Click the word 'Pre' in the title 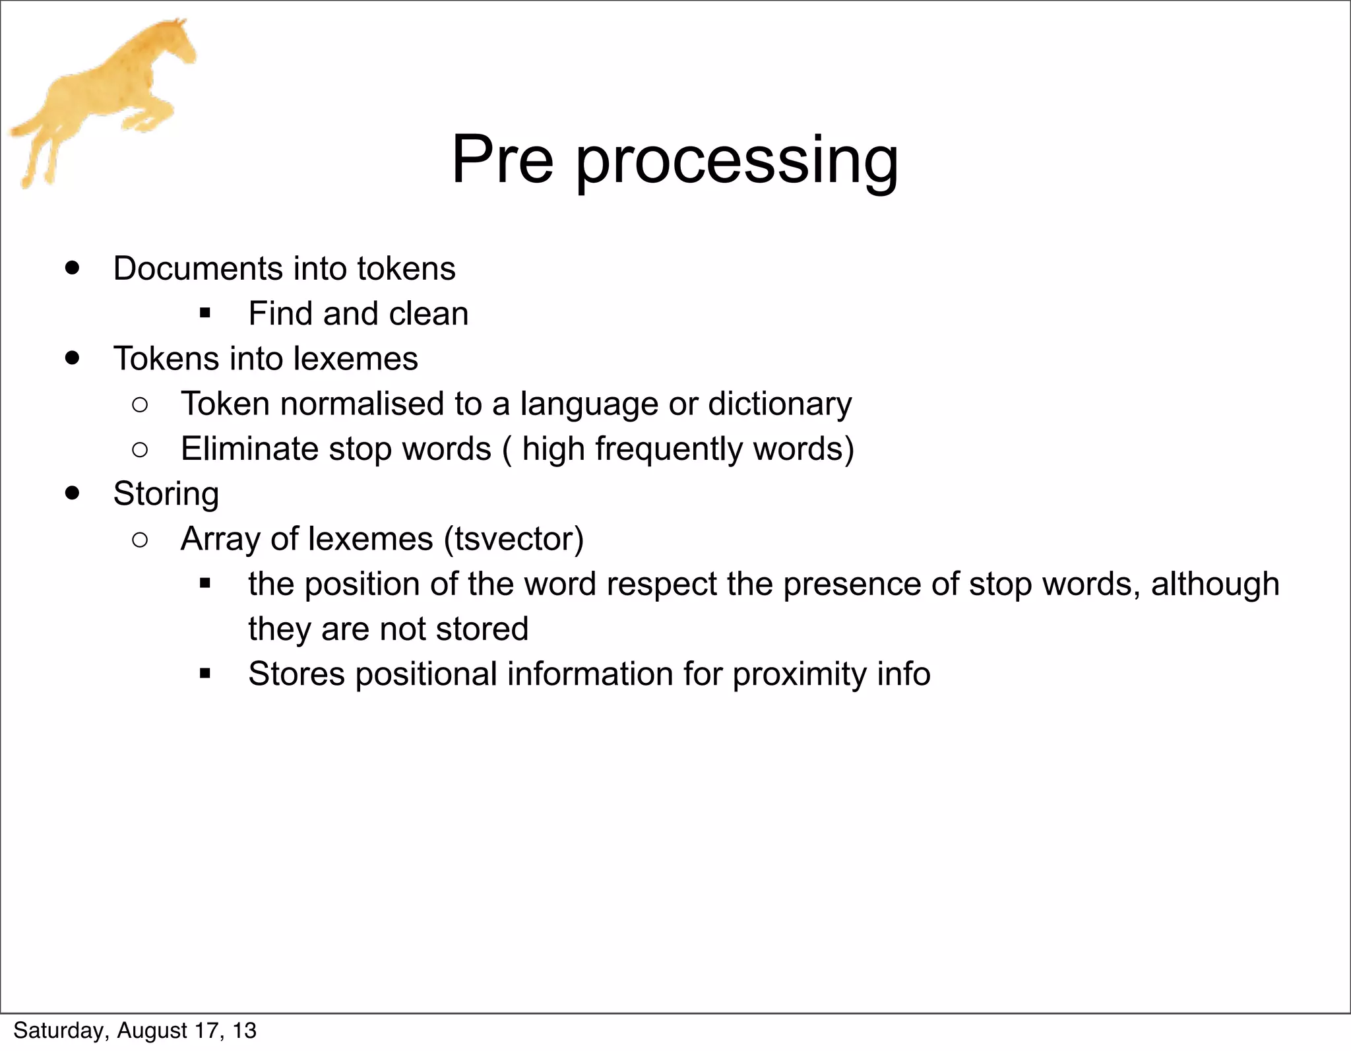pyautogui.click(x=502, y=160)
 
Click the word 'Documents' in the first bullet pyautogui.click(x=197, y=269)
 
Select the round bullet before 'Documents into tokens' pyautogui.click(x=73, y=268)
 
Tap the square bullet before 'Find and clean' pyautogui.click(x=204, y=313)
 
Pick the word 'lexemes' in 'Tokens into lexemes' pyautogui.click(x=356, y=359)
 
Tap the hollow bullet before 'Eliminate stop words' pyautogui.click(x=140, y=450)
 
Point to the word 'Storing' pyautogui.click(x=166, y=494)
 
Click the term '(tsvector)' pyautogui.click(x=513, y=539)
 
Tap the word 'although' pyautogui.click(x=1214, y=584)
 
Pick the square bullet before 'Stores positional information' pyautogui.click(x=204, y=674)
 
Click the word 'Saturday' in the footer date pyautogui.click(x=57, y=1031)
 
